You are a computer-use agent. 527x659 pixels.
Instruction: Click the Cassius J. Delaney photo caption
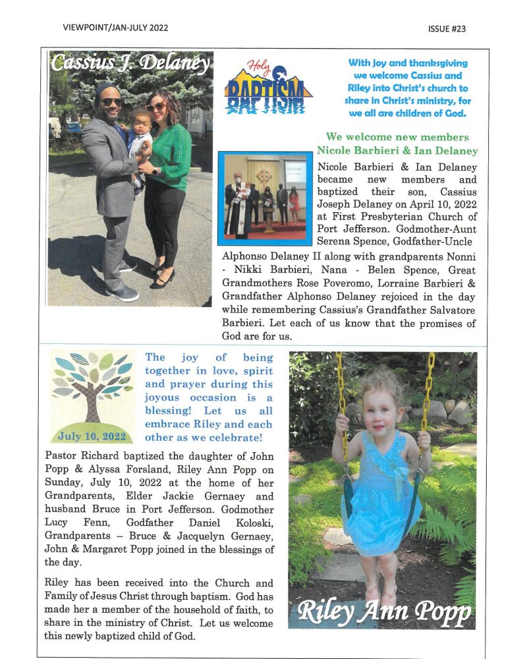coord(130,64)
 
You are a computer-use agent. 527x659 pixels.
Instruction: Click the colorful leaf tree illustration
coord(92,389)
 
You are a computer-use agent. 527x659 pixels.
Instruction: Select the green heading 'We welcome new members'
coord(397,137)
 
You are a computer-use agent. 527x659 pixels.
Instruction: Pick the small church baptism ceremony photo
coord(265,198)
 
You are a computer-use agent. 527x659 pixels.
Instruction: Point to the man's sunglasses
coord(111,101)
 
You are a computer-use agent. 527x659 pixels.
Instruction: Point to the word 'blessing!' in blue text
coord(168,411)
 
